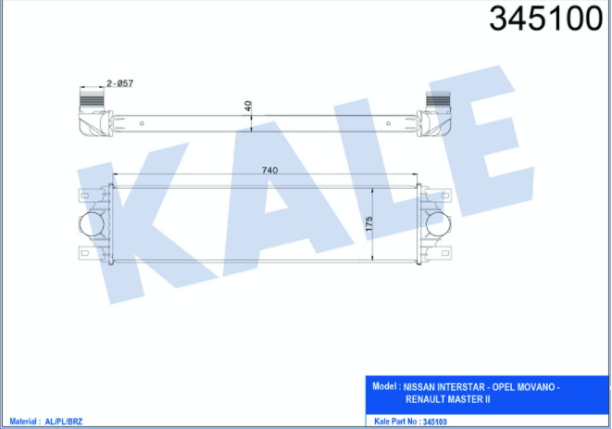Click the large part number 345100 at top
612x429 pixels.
pyautogui.click(x=545, y=19)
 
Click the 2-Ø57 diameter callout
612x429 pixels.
pyautogui.click(x=119, y=83)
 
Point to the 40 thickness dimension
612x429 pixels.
pyautogui.click(x=248, y=106)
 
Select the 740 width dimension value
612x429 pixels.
pyautogui.click(x=269, y=170)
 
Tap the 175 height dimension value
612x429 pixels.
pyautogui.click(x=368, y=224)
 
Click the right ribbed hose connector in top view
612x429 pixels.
pyautogui.click(x=438, y=99)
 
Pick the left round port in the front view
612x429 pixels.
pyautogui.click(x=92, y=224)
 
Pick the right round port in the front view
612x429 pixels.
pyautogui.click(x=438, y=224)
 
